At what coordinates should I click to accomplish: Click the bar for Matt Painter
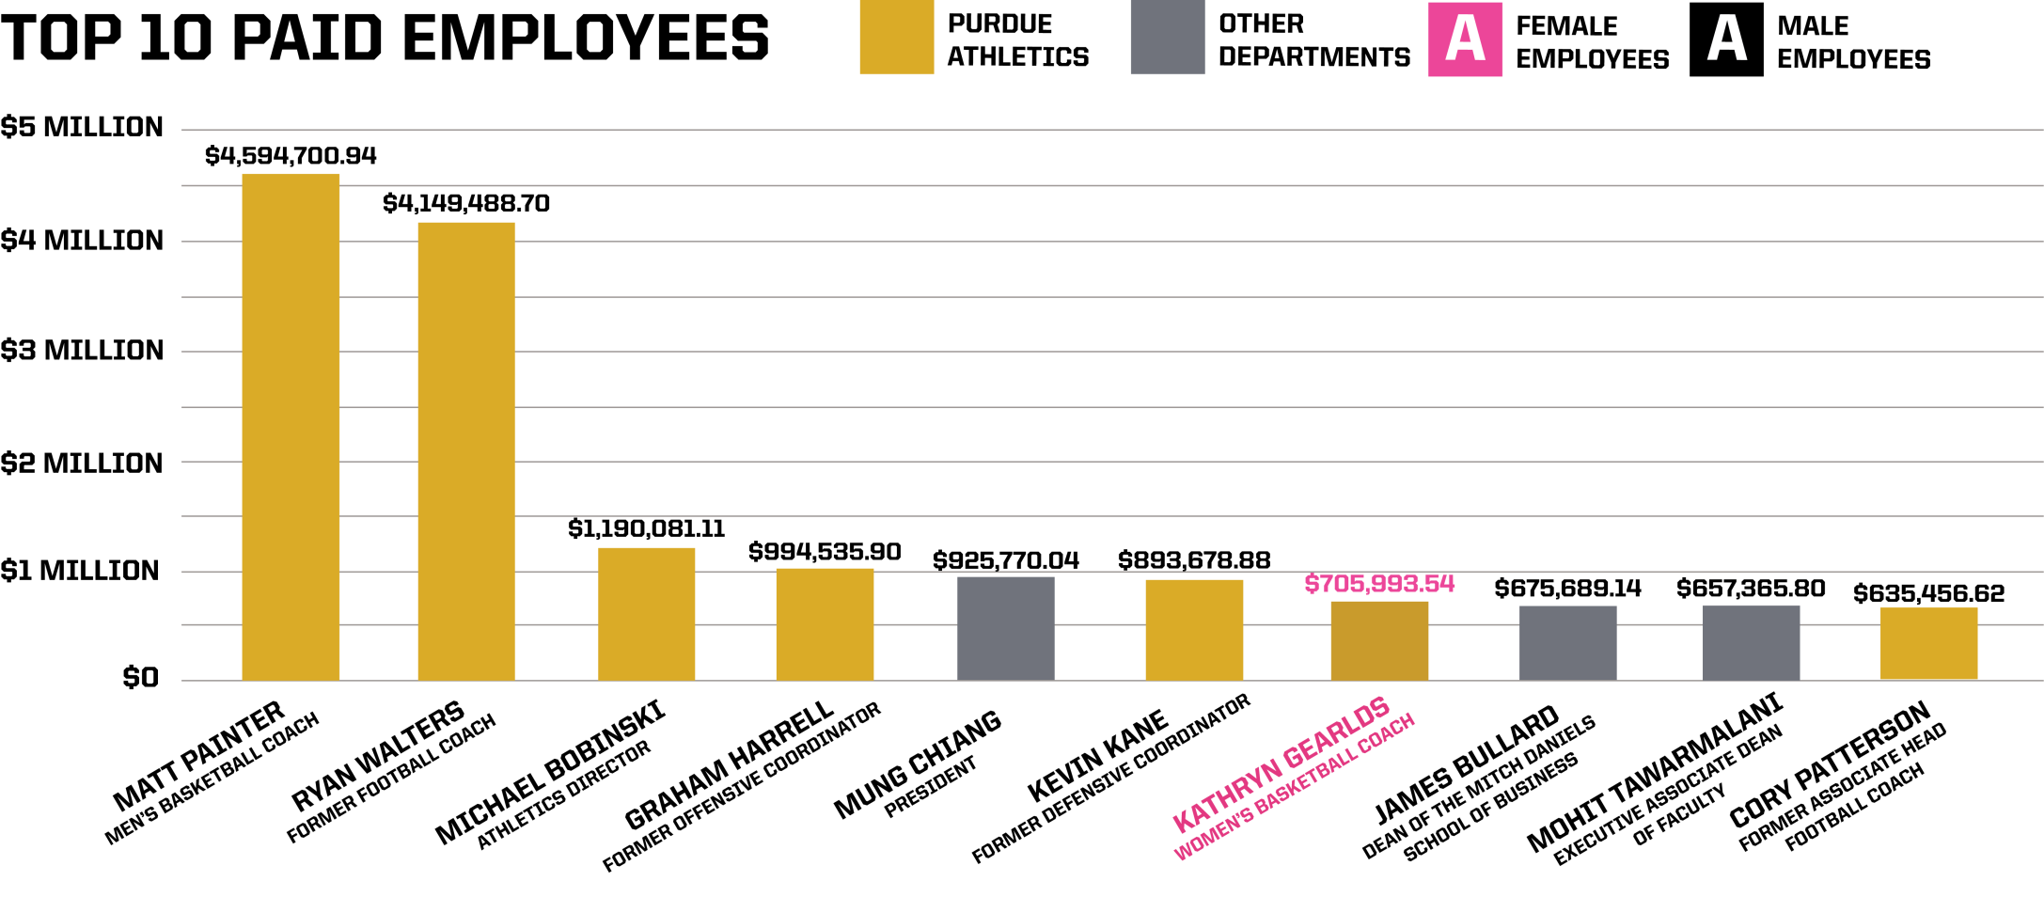pyautogui.click(x=291, y=428)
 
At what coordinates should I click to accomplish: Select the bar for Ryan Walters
pyautogui.click(x=466, y=451)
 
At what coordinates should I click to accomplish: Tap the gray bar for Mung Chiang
pyautogui.click(x=1005, y=628)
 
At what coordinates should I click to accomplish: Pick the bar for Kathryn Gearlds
pyautogui.click(x=1379, y=640)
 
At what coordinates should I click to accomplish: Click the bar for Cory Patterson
pyautogui.click(x=1928, y=643)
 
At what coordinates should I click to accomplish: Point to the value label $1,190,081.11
pyautogui.click(x=646, y=529)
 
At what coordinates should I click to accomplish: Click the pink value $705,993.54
pyautogui.click(x=1379, y=584)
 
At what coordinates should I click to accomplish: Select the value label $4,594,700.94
pyautogui.click(x=291, y=156)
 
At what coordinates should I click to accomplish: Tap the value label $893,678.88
pyautogui.click(x=1194, y=561)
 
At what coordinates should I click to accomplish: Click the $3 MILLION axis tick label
pyautogui.click(x=82, y=351)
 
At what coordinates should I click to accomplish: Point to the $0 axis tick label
pyautogui.click(x=140, y=678)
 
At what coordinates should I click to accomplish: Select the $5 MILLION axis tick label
pyautogui.click(x=82, y=127)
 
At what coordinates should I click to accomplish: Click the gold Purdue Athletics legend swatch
pyautogui.click(x=896, y=38)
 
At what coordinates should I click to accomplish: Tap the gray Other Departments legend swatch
pyautogui.click(x=1167, y=38)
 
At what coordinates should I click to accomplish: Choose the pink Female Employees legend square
pyautogui.click(x=1464, y=39)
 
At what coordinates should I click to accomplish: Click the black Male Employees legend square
pyautogui.click(x=1725, y=39)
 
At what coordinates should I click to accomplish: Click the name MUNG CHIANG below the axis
pyautogui.click(x=918, y=764)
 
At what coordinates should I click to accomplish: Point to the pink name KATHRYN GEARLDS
pyautogui.click(x=1281, y=764)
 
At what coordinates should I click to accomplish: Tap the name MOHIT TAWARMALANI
pyautogui.click(x=1655, y=773)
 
